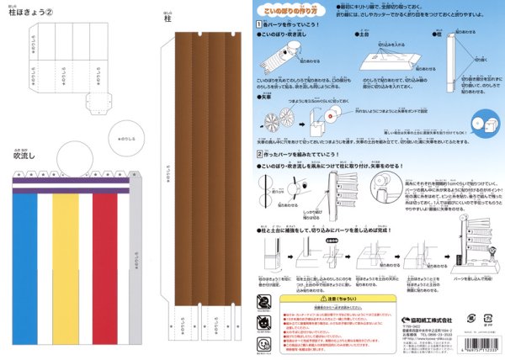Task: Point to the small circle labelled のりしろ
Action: pos(125,136)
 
